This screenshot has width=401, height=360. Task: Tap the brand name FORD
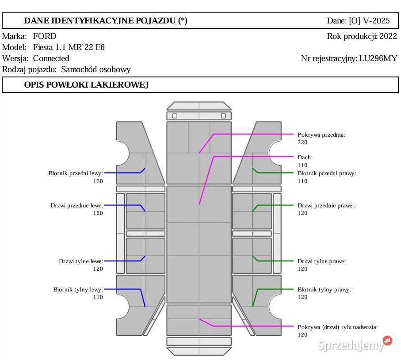click(45, 36)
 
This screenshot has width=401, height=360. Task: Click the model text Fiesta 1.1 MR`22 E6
click(69, 47)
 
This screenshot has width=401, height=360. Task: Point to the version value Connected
click(51, 58)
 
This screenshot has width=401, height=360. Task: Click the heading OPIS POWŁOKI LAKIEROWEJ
click(86, 85)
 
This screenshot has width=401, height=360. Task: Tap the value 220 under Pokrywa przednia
click(302, 142)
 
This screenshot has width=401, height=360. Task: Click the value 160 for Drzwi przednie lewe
click(98, 213)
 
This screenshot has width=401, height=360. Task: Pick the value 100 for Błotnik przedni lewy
click(98, 181)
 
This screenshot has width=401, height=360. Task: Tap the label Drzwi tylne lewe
click(81, 261)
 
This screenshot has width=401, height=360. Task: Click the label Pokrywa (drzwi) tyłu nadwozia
click(337, 327)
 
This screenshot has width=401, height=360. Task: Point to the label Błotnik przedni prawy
click(326, 173)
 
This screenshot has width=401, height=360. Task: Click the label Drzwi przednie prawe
click(326, 206)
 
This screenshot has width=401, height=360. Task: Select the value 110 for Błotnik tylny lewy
click(98, 297)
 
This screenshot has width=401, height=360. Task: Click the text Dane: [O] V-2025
click(358, 21)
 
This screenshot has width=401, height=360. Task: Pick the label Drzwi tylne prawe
click(321, 261)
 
